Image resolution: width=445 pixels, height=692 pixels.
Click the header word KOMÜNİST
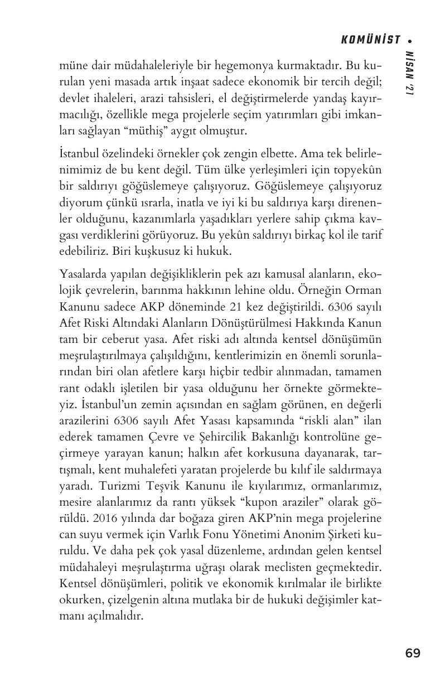[x=371, y=40]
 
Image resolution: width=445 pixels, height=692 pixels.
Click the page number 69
[x=413, y=652]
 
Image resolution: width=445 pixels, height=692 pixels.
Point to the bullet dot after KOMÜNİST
[x=411, y=40]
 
